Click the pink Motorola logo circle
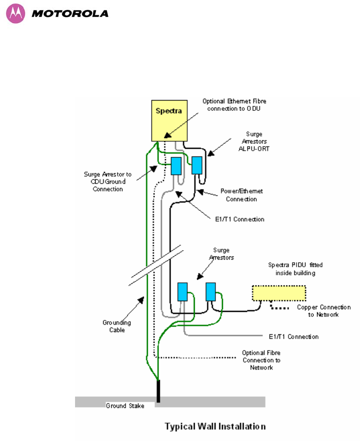[x=16, y=13]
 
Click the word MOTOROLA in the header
[x=70, y=13]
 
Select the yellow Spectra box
[x=169, y=121]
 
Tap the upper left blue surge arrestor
[x=176, y=166]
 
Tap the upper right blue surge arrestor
[x=197, y=165]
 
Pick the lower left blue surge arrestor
[x=183, y=292]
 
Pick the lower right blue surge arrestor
[x=211, y=292]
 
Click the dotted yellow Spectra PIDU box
[x=279, y=293]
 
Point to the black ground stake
[x=159, y=391]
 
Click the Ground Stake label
[x=125, y=406]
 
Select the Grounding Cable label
[x=117, y=326]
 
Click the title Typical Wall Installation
[x=215, y=426]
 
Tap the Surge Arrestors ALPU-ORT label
[x=254, y=141]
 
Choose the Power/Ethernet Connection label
[x=242, y=195]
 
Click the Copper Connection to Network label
[x=324, y=311]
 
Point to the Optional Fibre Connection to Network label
[x=261, y=360]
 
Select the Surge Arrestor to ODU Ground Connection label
[x=108, y=181]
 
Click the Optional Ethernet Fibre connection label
[x=234, y=105]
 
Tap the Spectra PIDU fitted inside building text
[x=295, y=269]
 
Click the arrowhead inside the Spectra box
[x=167, y=135]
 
